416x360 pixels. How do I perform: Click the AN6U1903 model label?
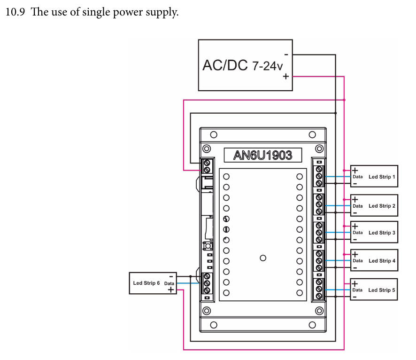pyautogui.click(x=262, y=155)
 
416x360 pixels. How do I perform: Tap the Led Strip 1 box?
pyautogui.click(x=374, y=177)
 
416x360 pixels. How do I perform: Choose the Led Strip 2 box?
pyautogui.click(x=374, y=206)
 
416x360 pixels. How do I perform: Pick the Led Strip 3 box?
pyautogui.click(x=374, y=233)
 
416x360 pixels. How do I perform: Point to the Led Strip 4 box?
pyautogui.click(x=374, y=260)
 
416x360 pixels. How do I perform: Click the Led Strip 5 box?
pyautogui.click(x=374, y=290)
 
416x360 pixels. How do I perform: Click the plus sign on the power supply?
pyautogui.click(x=285, y=77)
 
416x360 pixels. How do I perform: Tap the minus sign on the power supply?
pyautogui.click(x=286, y=55)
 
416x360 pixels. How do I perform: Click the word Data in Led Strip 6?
pyautogui.click(x=169, y=283)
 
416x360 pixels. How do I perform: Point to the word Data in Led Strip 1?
pyautogui.click(x=358, y=177)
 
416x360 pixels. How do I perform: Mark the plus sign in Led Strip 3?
pyautogui.click(x=355, y=227)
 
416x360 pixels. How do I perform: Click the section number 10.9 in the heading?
pyautogui.click(x=15, y=12)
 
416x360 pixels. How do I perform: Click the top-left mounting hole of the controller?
pyautogui.click(x=214, y=135)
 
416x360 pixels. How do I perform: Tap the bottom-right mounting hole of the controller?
pyautogui.click(x=312, y=325)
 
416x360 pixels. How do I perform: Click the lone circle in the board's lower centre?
pyautogui.click(x=263, y=258)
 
